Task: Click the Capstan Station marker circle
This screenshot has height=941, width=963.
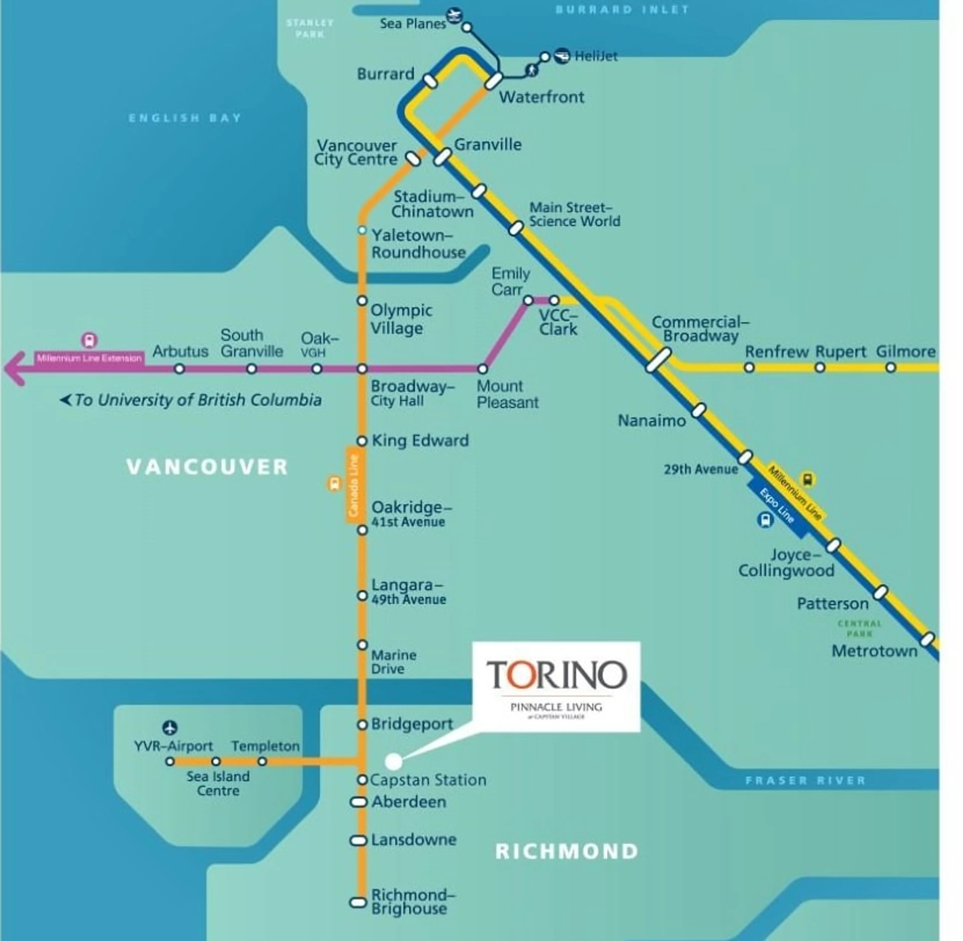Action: coord(362,780)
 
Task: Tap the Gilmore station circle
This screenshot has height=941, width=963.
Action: coord(890,368)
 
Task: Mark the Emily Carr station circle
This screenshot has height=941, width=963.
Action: coord(528,300)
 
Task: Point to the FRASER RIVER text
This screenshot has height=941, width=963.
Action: coord(805,780)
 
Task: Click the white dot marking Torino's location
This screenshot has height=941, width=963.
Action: coord(393,762)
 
